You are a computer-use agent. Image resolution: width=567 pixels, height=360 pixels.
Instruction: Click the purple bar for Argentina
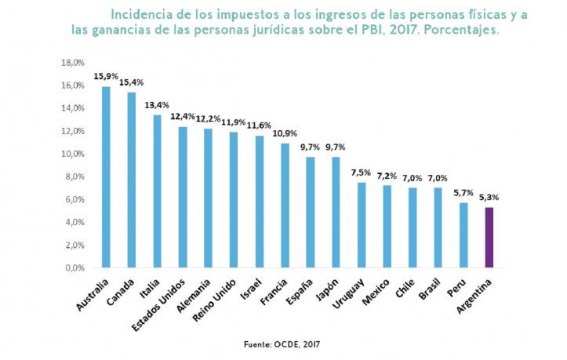tap(489, 237)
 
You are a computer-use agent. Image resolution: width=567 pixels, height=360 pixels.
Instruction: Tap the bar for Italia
tap(157, 191)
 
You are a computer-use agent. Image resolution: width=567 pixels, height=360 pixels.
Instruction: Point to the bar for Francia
tap(285, 205)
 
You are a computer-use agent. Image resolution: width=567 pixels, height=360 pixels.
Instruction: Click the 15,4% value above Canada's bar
tap(131, 82)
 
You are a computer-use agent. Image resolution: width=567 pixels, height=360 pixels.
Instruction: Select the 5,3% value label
tap(489, 198)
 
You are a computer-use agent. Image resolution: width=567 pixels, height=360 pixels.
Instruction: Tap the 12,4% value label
tap(182, 117)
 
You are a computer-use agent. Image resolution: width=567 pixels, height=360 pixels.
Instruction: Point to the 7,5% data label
tap(362, 173)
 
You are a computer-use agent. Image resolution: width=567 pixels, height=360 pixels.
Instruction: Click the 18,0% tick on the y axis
tap(73, 62)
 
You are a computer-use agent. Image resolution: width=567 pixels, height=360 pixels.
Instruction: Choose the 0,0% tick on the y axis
tap(75, 267)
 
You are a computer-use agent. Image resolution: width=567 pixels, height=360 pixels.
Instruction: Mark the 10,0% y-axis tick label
tap(73, 154)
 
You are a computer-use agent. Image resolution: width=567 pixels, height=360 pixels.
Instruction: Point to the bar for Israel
tap(259, 202)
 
